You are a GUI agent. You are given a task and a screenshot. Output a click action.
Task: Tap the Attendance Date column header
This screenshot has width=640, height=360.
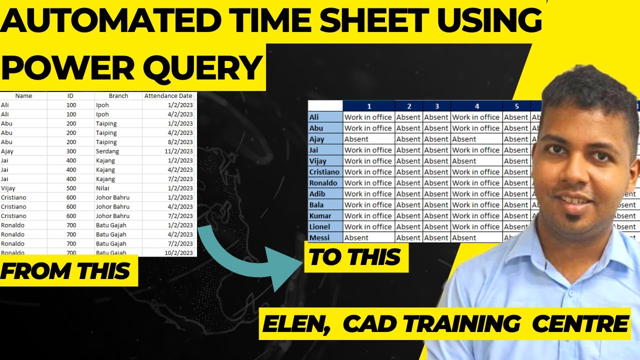(x=168, y=95)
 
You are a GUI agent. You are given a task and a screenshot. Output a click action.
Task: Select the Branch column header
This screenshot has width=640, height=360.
(x=118, y=95)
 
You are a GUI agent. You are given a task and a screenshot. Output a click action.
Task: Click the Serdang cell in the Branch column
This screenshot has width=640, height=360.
(x=107, y=151)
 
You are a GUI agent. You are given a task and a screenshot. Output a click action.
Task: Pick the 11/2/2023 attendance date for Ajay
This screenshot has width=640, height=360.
(x=178, y=151)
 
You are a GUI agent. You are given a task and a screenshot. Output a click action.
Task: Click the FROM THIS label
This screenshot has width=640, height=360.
(x=65, y=271)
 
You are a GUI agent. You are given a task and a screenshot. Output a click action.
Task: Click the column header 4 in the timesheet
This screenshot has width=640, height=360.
(x=476, y=106)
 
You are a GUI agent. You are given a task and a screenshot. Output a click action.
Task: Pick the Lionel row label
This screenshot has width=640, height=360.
(x=319, y=226)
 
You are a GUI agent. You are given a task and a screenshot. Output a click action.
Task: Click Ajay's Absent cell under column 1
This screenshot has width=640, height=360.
(x=356, y=139)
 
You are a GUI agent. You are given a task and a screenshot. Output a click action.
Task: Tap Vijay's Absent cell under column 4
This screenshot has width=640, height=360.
(x=464, y=161)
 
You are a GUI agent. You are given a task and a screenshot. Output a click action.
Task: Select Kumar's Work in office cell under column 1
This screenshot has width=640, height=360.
(x=368, y=215)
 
